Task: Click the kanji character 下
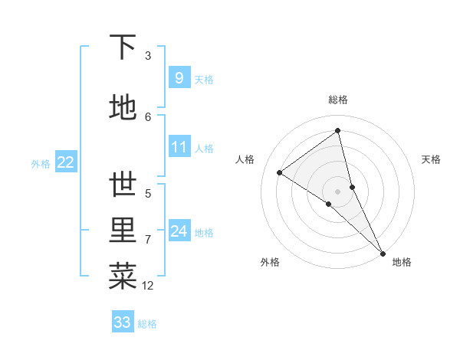coord(123,47)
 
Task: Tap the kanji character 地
coord(123,108)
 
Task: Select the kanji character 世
coord(123,185)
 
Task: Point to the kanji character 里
coord(123,231)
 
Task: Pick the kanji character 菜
coord(123,277)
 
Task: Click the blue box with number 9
coord(179,77)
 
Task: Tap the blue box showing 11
coord(179,147)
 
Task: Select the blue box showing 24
coord(179,231)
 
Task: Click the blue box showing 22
coord(66,162)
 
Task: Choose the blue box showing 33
coord(123,322)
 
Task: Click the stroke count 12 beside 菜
coord(147,286)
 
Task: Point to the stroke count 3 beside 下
coord(148,55)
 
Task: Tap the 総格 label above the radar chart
coord(337,100)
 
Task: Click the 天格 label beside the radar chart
coord(431,159)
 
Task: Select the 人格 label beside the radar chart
coord(245,159)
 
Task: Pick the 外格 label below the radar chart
coord(270,262)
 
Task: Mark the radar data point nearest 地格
coord(382,252)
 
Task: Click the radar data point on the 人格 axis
coord(280,172)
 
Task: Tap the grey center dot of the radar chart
coord(337,191)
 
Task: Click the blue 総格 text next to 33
coord(147,324)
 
